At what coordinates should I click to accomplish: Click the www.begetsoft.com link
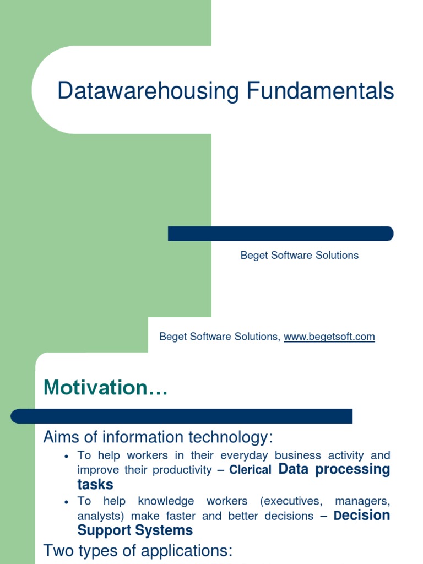(x=329, y=337)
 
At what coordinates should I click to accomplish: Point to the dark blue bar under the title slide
(x=280, y=234)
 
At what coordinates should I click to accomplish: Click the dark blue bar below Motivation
(x=182, y=416)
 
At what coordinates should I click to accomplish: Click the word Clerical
(x=251, y=470)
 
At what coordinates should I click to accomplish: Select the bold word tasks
(x=95, y=485)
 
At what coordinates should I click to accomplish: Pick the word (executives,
(x=289, y=501)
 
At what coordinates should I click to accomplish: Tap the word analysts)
(x=99, y=516)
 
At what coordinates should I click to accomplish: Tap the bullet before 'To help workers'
(x=66, y=457)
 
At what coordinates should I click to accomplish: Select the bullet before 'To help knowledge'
(x=66, y=502)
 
